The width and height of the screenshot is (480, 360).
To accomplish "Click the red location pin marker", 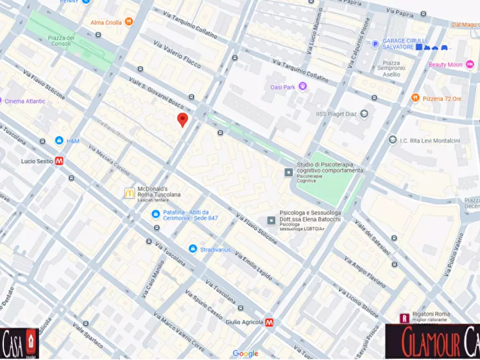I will point(183,120).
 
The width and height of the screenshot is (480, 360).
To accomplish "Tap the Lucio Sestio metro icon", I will point(60,161).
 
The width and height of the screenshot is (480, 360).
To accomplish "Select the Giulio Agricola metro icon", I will point(269,322).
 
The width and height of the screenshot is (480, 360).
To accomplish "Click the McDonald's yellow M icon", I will point(130,193).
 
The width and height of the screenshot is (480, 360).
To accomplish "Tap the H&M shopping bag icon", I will point(59,141).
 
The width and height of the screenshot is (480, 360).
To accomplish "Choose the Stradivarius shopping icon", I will point(192,249).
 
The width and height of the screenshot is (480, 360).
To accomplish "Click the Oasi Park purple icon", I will point(303,86).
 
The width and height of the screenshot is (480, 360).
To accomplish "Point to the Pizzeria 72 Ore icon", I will point(415,98).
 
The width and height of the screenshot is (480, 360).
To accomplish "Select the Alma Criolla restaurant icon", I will point(128,22).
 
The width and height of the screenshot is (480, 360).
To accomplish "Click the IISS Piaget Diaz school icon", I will point(364,114).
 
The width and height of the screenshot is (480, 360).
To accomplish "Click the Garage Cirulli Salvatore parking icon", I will point(375,44).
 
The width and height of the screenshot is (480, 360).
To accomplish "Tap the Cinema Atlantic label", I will point(25,101).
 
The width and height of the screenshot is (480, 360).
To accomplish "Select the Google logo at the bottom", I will point(246,353).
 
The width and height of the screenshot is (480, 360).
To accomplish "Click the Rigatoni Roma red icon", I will point(404,318).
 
